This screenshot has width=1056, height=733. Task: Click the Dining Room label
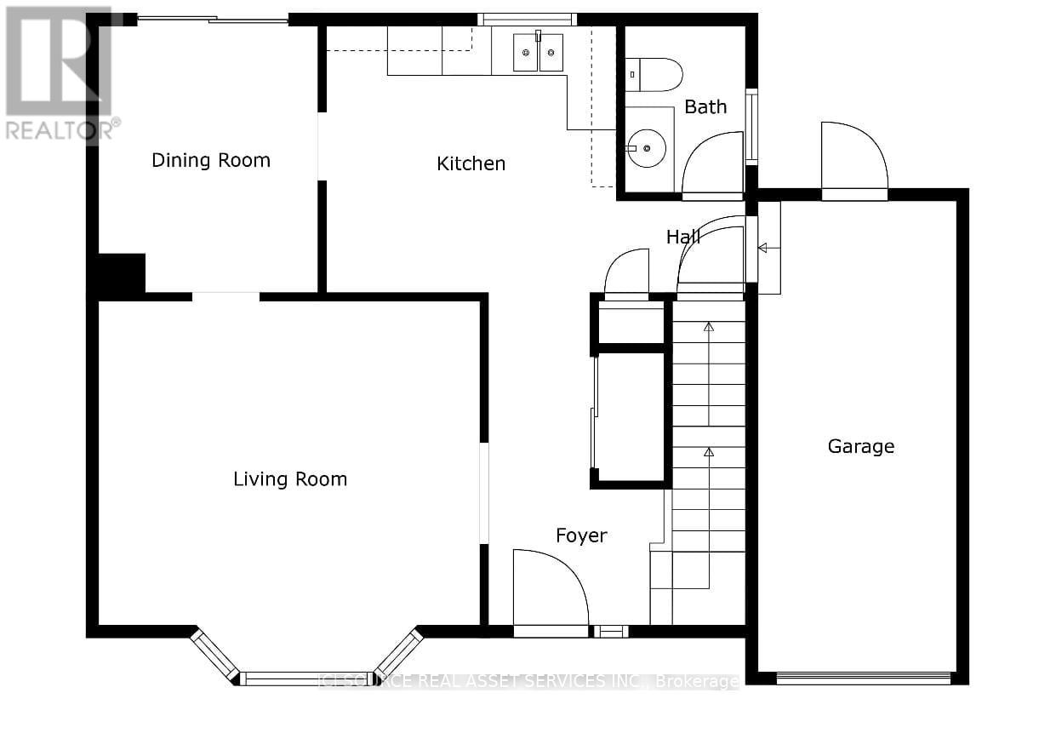tap(211, 160)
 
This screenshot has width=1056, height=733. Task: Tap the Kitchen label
tap(471, 163)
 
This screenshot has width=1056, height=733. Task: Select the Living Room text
tap(290, 479)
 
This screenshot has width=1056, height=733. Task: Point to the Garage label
tap(860, 446)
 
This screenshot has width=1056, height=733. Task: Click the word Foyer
tap(581, 535)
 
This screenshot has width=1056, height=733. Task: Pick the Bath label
tap(705, 106)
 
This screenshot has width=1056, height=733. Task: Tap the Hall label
tap(682, 237)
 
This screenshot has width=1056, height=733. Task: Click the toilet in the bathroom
tap(654, 75)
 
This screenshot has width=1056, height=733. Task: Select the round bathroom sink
tap(648, 148)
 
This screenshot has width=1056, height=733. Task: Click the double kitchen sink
tap(538, 53)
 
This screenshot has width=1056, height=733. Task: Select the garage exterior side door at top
tap(853, 159)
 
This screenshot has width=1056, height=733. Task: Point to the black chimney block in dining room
tap(121, 274)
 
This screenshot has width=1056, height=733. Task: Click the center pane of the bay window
tap(306, 679)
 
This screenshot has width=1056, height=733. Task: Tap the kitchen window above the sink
tap(527, 20)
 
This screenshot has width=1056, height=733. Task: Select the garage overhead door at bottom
tap(863, 679)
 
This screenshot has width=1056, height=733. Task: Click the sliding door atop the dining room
tap(213, 20)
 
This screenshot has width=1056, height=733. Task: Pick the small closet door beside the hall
tap(626, 274)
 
